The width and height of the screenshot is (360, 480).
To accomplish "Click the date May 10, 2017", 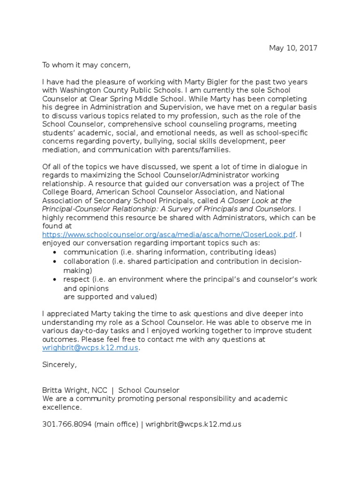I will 293,48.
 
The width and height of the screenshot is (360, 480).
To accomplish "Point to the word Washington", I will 79,90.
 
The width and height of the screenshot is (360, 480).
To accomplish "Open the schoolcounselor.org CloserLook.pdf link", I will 169,234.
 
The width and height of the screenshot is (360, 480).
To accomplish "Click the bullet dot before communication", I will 56,251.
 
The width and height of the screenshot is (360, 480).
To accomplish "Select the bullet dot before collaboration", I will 56,261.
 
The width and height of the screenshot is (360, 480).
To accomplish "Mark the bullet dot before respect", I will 56,279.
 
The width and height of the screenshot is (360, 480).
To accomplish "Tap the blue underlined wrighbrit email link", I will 90,348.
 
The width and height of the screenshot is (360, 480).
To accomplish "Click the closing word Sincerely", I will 59,365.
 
